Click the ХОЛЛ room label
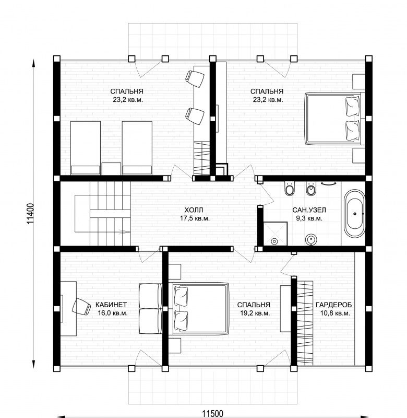tap(194, 210)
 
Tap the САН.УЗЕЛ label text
tap(309, 210)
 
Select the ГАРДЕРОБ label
tap(333, 305)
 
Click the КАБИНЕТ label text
tap(111, 305)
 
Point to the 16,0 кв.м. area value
tap(113, 313)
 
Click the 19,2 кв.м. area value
tap(255, 313)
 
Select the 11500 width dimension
tap(212, 414)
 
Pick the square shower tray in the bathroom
tap(275, 234)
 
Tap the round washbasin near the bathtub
tap(310, 239)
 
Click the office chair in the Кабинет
tap(81, 306)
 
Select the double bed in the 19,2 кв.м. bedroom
tap(201, 308)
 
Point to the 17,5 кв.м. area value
tap(195, 218)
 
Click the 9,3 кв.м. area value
tap(309, 218)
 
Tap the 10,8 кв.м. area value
tap(335, 313)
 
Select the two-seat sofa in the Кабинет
tap(150, 308)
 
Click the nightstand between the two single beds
tap(111, 169)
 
